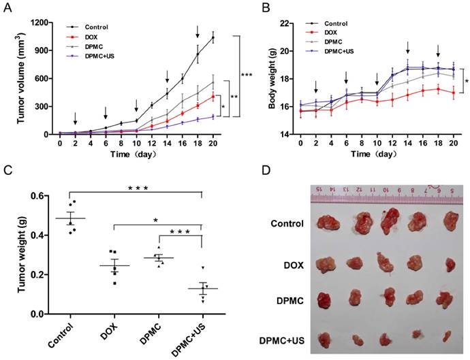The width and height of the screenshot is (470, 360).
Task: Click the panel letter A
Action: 10,7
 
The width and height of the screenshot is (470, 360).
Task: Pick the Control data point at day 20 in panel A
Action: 213,38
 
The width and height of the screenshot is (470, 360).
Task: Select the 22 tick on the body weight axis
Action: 271,22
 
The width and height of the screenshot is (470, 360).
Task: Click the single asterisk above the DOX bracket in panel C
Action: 156,219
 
